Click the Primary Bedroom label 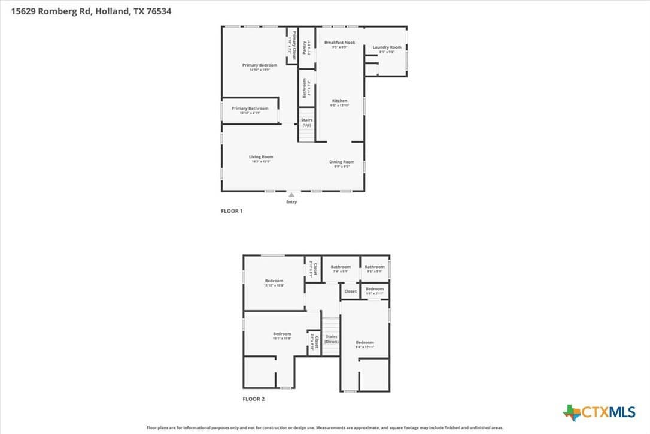(x=259, y=65)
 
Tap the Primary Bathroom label (x=250, y=108)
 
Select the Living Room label (x=261, y=157)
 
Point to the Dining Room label (x=342, y=162)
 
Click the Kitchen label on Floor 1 (x=339, y=101)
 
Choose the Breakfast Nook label (x=339, y=43)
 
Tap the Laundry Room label (x=387, y=47)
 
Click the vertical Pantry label (x=305, y=47)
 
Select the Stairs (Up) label (x=306, y=122)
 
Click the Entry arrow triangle (x=291, y=195)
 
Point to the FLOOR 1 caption (x=232, y=211)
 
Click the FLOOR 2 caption (x=253, y=399)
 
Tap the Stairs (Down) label (x=331, y=339)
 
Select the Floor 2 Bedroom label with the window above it (x=274, y=281)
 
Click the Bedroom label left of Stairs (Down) (x=282, y=334)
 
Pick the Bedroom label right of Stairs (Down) (x=365, y=342)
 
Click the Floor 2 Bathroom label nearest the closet (x=341, y=267)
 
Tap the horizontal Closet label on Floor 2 (x=350, y=291)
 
